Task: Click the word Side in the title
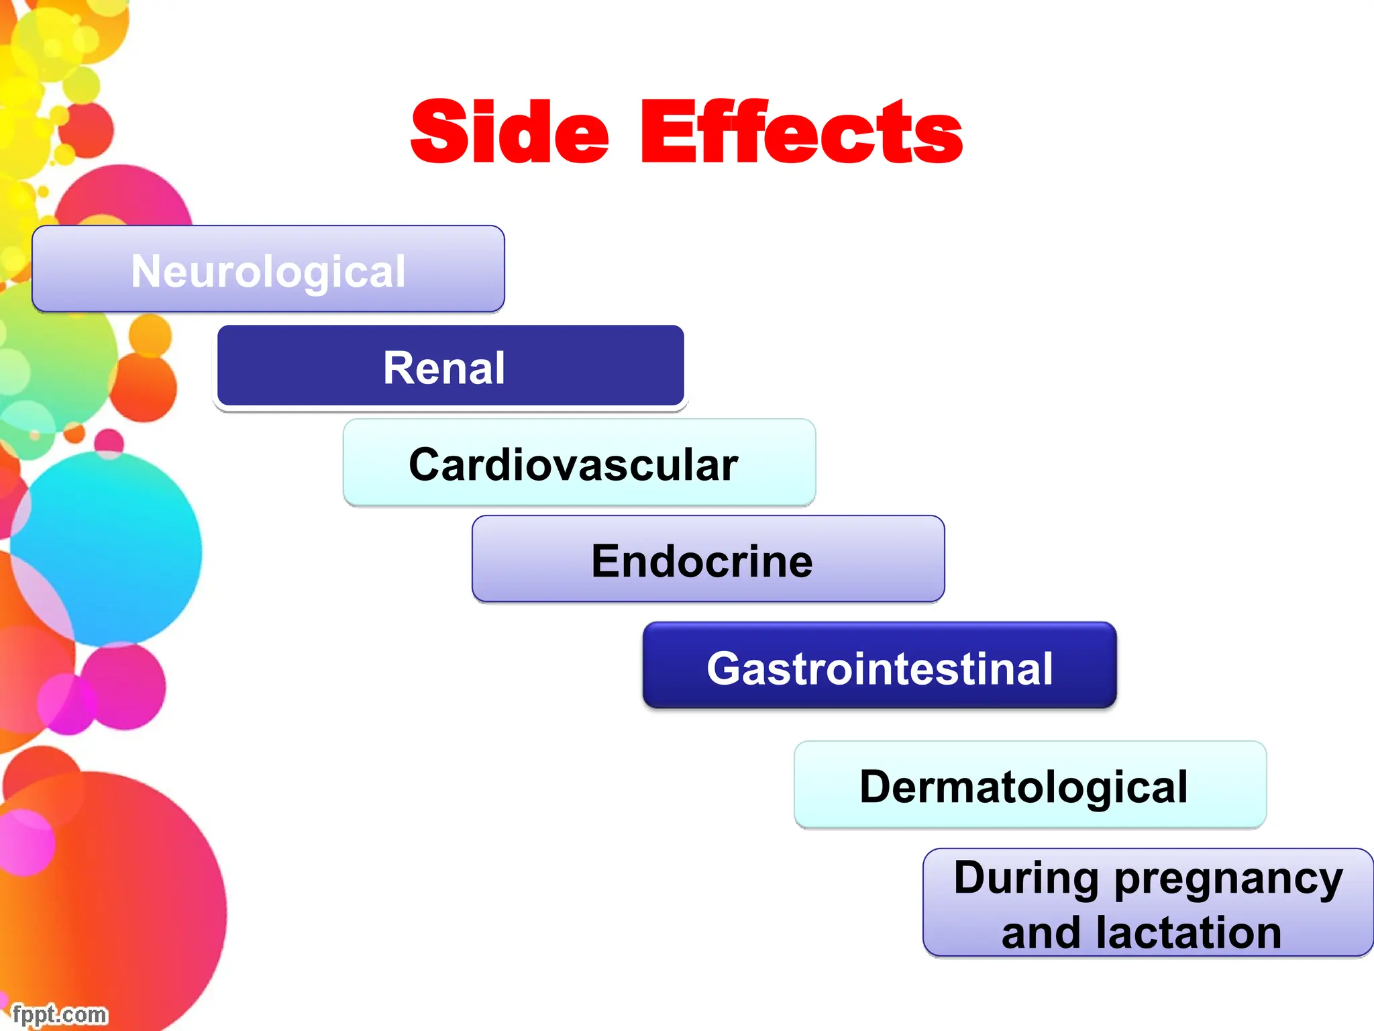[510, 132]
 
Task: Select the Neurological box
[268, 269]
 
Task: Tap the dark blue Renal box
[450, 366]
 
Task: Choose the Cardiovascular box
[579, 463]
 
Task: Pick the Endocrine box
[708, 559]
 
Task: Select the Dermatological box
[1030, 785]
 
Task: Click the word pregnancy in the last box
[1228, 879]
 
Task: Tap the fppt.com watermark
[59, 1014]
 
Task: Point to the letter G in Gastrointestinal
[725, 669]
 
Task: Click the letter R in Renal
[397, 368]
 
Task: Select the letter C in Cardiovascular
[426, 464]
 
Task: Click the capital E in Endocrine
[605, 561]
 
